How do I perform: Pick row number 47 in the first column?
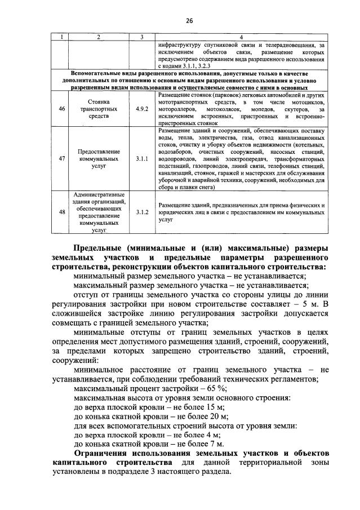(62, 159)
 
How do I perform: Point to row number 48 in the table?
(62, 212)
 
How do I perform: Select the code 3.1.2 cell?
(142, 212)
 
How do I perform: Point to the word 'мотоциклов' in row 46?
(308, 103)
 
